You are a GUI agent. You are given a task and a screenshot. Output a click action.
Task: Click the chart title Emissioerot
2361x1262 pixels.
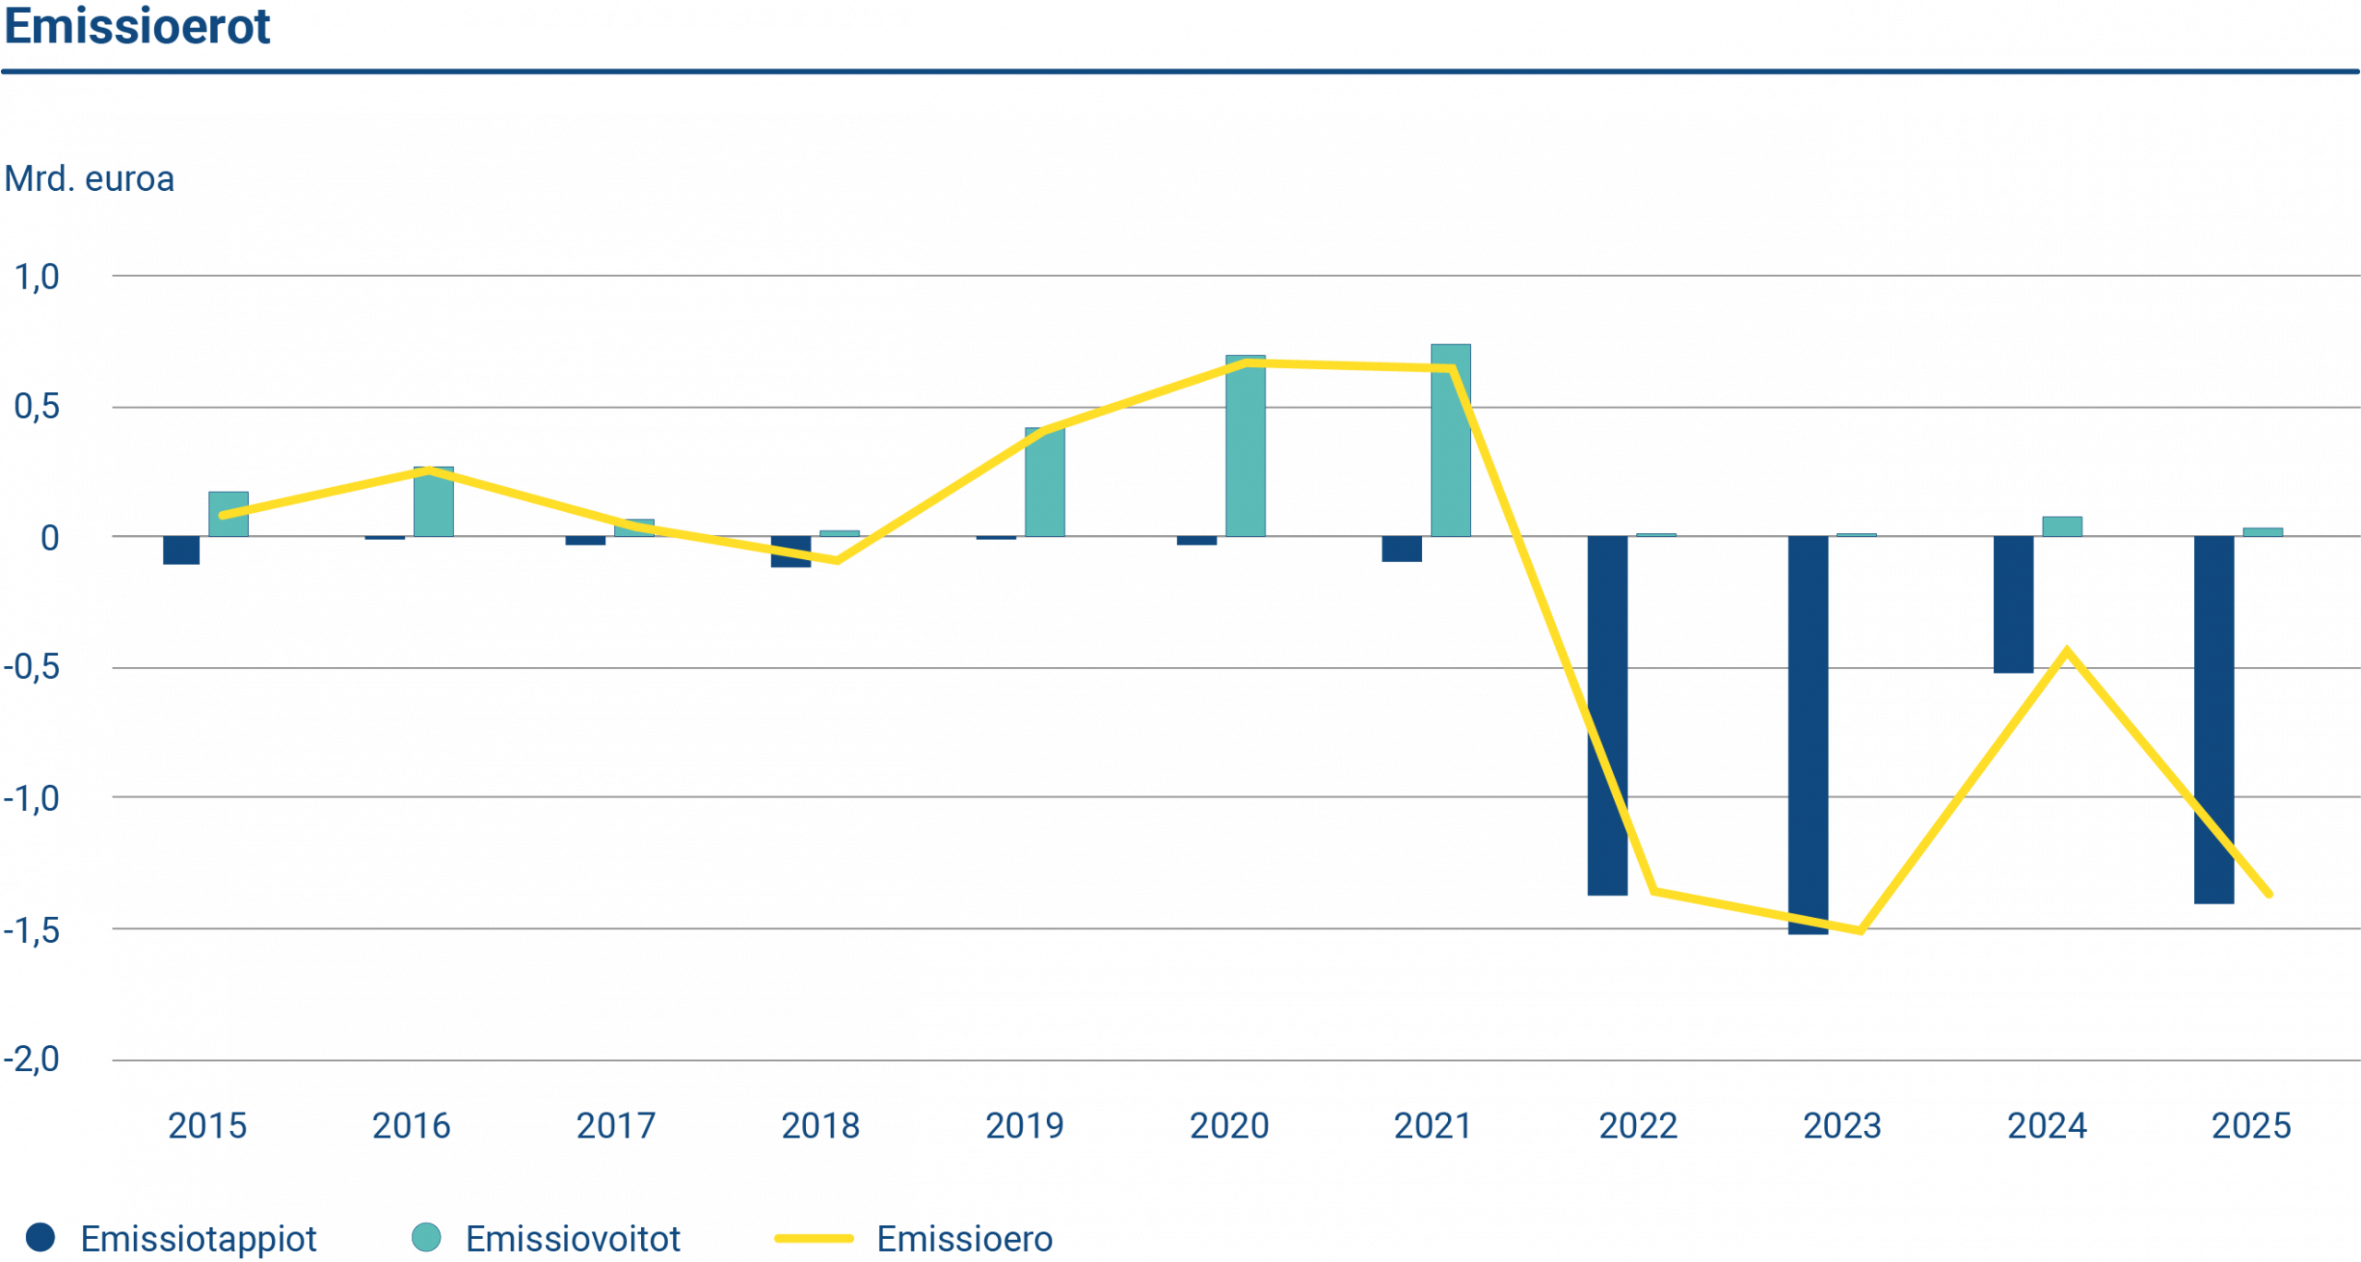(x=136, y=28)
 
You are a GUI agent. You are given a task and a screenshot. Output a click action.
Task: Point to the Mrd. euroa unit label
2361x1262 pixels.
(x=89, y=179)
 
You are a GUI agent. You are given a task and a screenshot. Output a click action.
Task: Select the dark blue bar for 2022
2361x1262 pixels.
(x=1607, y=716)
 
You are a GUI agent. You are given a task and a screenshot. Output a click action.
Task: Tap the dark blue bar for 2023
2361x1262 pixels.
(x=1808, y=735)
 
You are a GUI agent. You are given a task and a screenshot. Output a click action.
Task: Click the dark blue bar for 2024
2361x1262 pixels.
(x=2013, y=604)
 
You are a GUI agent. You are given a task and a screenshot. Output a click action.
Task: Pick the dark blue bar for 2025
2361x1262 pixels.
(x=2213, y=720)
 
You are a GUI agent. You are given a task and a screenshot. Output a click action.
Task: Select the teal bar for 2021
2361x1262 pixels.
(x=1451, y=440)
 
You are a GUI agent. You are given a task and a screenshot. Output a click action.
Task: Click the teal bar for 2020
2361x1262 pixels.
(x=1245, y=446)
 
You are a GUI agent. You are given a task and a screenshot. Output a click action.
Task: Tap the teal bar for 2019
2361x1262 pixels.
(x=1044, y=482)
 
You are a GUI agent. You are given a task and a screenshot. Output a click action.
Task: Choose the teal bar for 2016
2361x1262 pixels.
(x=433, y=502)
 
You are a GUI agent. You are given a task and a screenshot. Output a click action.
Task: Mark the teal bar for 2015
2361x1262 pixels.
(x=228, y=514)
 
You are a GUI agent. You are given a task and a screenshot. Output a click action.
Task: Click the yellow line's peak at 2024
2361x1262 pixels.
(x=2067, y=649)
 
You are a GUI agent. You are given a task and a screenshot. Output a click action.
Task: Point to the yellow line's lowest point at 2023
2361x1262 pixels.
(x=1860, y=932)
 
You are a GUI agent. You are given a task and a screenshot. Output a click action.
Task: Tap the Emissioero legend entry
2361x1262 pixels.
(x=913, y=1239)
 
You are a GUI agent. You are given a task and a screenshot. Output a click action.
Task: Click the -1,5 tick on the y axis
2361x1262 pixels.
(x=31, y=930)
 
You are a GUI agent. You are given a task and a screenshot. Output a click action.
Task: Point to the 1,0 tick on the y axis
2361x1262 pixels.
(x=37, y=277)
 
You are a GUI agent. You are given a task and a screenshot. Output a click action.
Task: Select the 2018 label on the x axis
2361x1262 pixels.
(x=820, y=1125)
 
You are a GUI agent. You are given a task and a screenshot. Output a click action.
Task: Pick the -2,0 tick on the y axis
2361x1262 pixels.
(x=31, y=1059)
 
